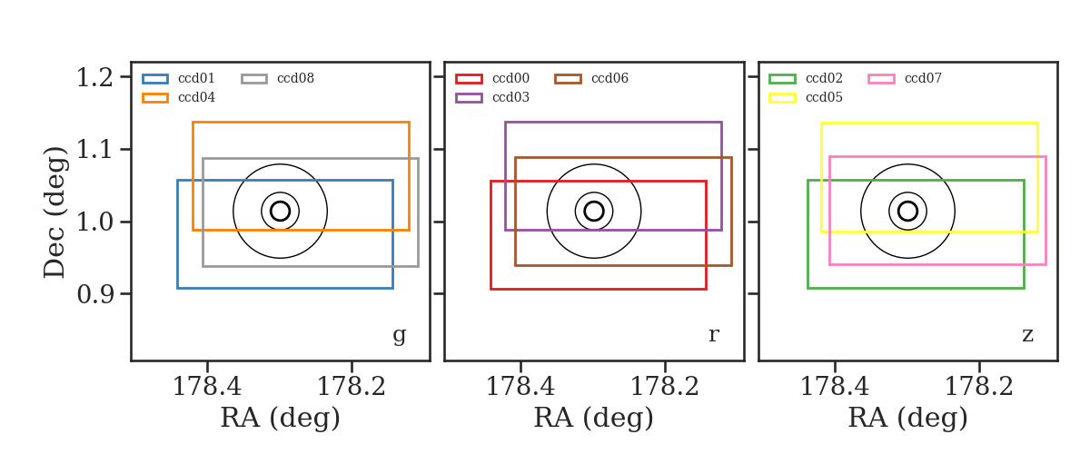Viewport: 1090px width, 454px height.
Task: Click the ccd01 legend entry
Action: point(196,78)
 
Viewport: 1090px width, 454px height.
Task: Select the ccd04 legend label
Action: point(196,97)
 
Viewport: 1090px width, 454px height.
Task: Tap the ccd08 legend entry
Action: point(295,78)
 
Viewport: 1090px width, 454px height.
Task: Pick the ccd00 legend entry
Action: point(510,78)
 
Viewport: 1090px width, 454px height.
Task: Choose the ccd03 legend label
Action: point(510,97)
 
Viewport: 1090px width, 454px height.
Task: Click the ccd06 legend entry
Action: point(609,78)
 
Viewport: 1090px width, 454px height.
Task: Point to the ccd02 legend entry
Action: point(825,78)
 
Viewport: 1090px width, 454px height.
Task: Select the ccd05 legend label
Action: point(825,97)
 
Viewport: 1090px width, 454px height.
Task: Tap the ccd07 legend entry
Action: point(923,78)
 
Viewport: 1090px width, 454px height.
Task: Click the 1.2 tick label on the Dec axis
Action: point(94,77)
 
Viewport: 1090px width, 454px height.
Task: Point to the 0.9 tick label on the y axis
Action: point(94,294)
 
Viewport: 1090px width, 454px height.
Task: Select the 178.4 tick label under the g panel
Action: point(207,387)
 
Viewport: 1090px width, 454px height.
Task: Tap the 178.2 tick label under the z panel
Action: point(979,387)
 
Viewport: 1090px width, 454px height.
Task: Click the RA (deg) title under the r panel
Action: point(594,418)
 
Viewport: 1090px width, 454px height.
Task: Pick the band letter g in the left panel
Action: point(400,335)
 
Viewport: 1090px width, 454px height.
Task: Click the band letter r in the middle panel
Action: point(713,335)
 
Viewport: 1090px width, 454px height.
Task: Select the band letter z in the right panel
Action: point(1027,335)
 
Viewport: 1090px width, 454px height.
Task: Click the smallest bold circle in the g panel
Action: point(290,212)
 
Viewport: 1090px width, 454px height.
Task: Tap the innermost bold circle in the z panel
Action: point(917,212)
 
